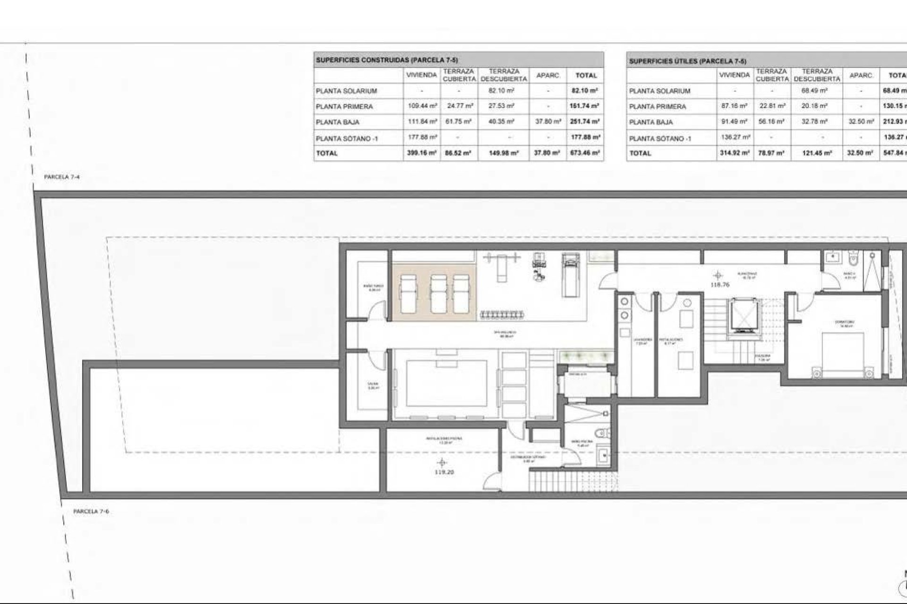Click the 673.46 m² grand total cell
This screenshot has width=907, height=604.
click(x=585, y=153)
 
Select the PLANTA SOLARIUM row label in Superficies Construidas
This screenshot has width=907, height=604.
click(x=346, y=91)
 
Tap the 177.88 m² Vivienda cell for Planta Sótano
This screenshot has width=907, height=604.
click(x=421, y=137)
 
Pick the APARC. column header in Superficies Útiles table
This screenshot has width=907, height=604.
click(x=861, y=75)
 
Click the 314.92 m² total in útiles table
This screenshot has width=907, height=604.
click(x=734, y=153)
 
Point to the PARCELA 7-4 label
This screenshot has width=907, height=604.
click(x=62, y=177)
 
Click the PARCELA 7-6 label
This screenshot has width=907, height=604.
click(x=91, y=512)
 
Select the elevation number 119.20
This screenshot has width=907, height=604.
click(x=444, y=472)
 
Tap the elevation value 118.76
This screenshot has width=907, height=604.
click(x=720, y=285)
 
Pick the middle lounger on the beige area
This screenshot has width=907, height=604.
click(x=439, y=294)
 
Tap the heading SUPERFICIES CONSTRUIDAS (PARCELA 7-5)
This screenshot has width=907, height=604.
click(x=386, y=60)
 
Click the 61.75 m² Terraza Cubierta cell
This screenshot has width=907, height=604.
click(x=459, y=122)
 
